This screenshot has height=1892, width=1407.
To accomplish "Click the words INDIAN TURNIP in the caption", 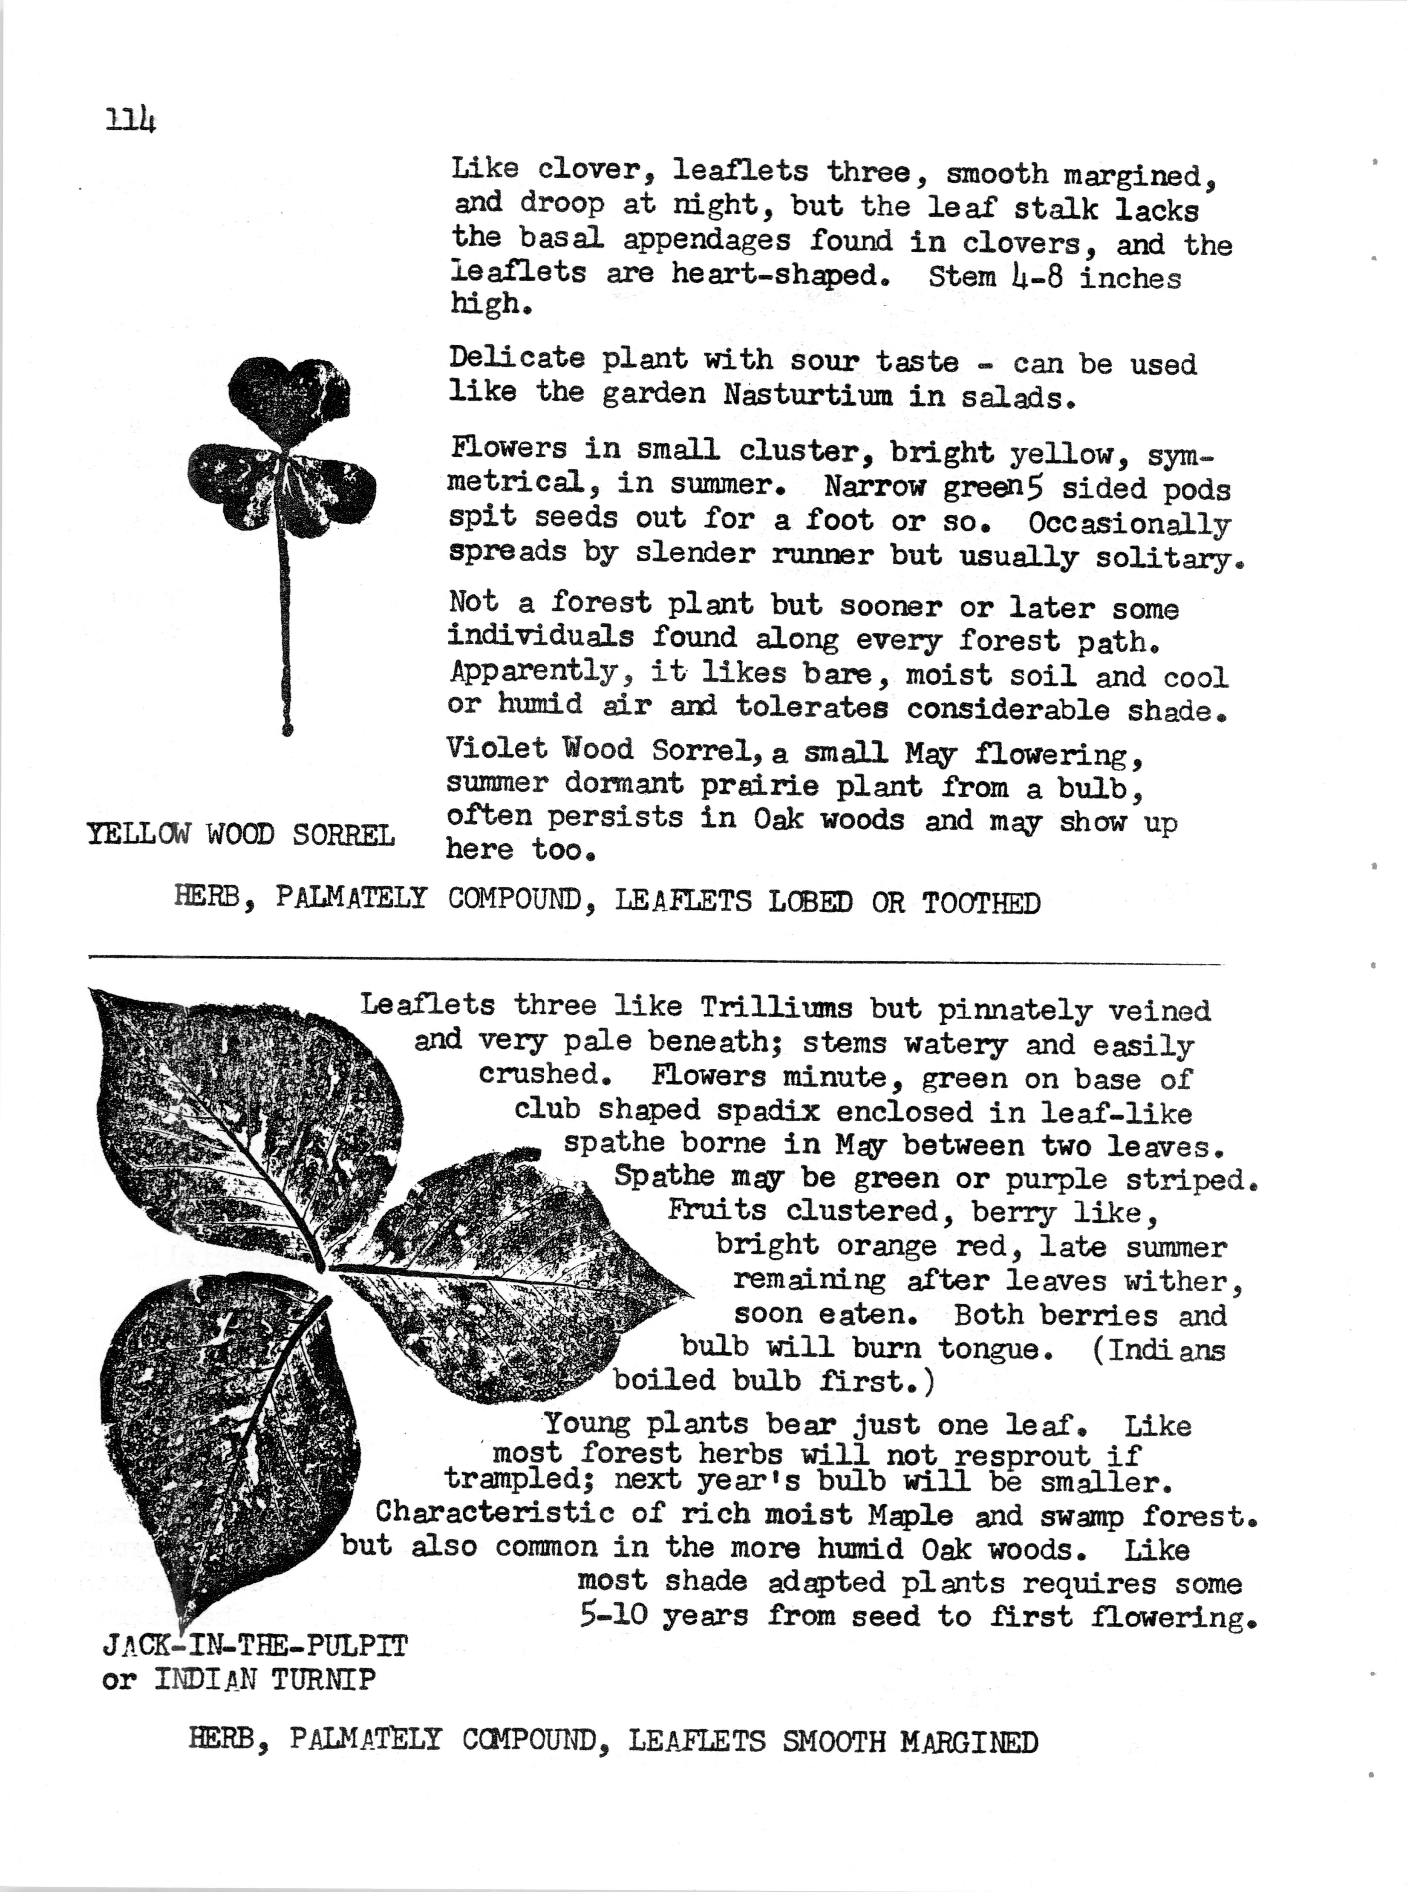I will pyautogui.click(x=264, y=1679).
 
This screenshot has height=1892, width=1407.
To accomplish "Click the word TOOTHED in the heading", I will pyautogui.click(x=981, y=903).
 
